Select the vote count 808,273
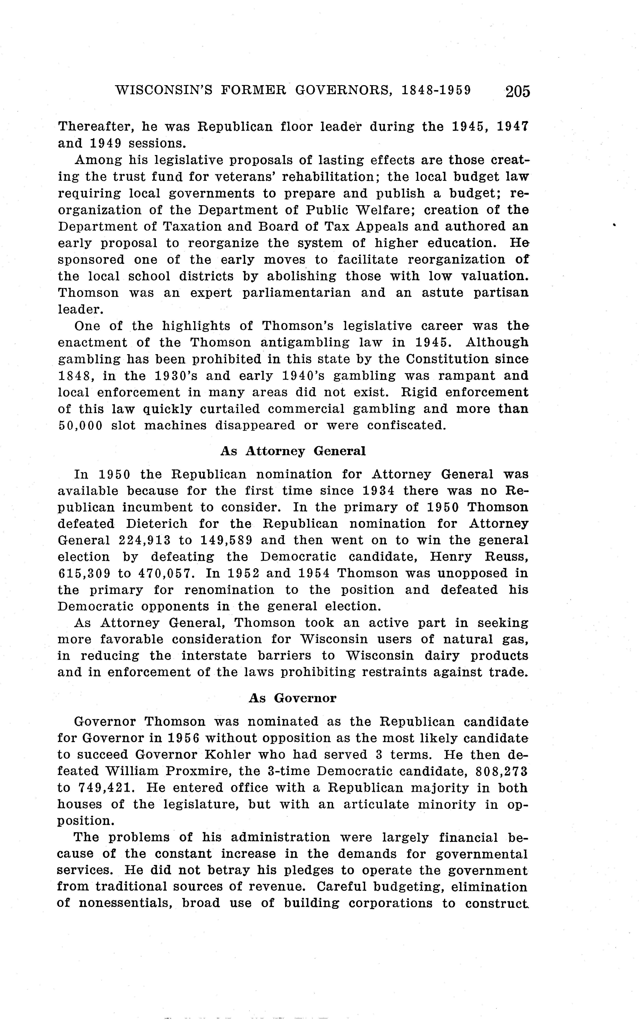(502, 771)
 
